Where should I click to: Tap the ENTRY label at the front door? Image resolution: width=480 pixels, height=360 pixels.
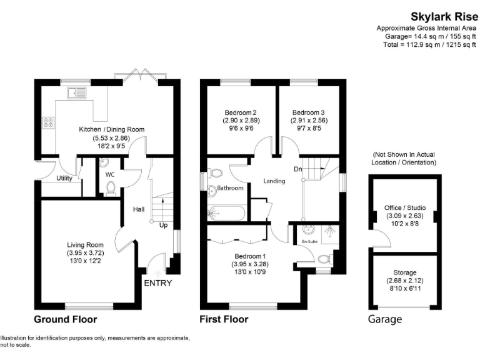click(157, 283)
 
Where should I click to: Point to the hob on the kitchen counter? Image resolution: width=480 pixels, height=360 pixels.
click(47, 122)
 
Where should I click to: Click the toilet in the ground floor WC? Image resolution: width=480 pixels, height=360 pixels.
click(111, 187)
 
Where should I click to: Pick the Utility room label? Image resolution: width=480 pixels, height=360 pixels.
click(64, 178)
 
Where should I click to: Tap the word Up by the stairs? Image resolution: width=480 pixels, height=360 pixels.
click(164, 224)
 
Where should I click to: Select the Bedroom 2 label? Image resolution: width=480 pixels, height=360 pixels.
click(241, 112)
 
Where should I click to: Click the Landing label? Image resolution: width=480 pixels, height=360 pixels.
click(274, 181)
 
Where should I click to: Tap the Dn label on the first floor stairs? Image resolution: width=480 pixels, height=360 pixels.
click(299, 168)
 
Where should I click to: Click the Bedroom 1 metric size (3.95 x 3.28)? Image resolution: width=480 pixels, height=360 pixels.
click(250, 264)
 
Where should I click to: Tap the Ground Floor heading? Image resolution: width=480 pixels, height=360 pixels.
click(65, 319)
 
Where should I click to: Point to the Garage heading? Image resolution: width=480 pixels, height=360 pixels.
click(384, 319)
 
